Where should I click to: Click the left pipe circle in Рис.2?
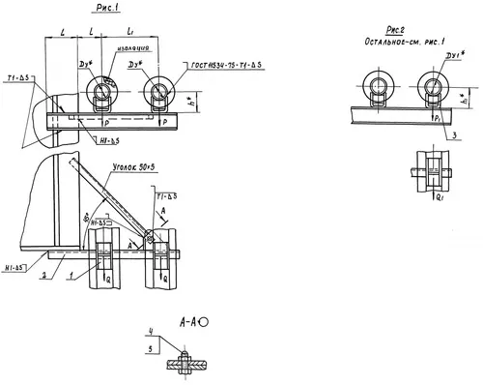373,85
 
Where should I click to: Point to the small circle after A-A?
204,322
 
